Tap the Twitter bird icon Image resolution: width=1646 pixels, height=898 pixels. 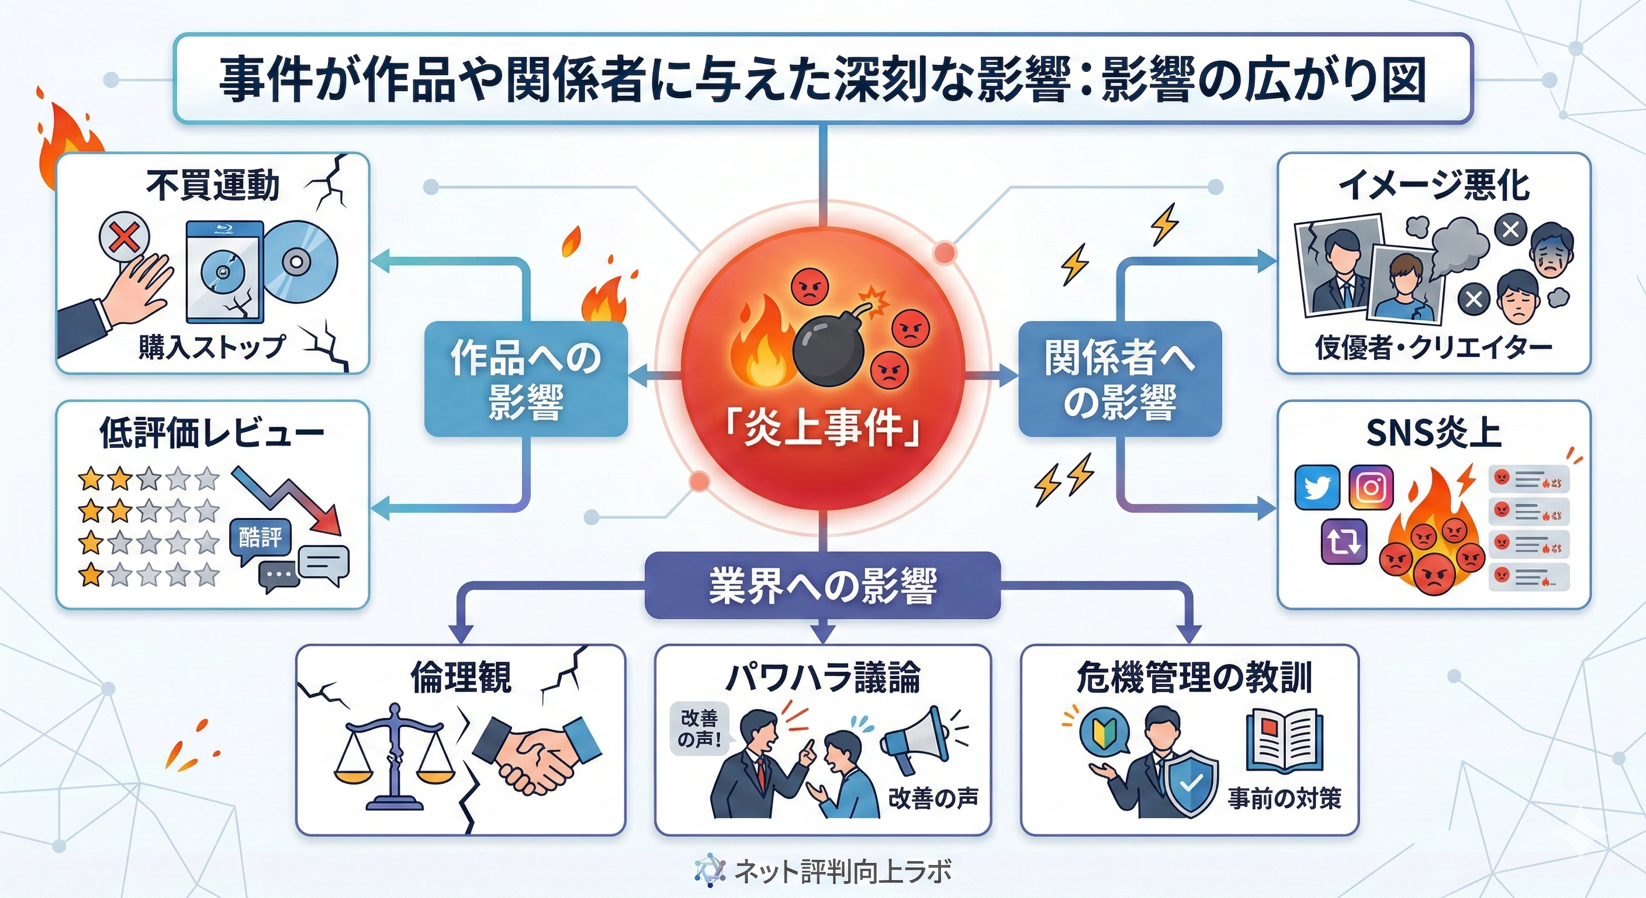1316,487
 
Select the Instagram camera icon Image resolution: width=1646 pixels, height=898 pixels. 1371,487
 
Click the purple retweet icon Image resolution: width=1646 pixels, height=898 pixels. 1344,541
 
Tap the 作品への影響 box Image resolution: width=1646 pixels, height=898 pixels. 526,379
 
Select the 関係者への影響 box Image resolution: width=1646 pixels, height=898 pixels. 1119,379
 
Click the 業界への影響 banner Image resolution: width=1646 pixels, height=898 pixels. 822,585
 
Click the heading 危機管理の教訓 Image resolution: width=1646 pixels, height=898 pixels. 1194,678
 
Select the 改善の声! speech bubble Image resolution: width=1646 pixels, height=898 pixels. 700,728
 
